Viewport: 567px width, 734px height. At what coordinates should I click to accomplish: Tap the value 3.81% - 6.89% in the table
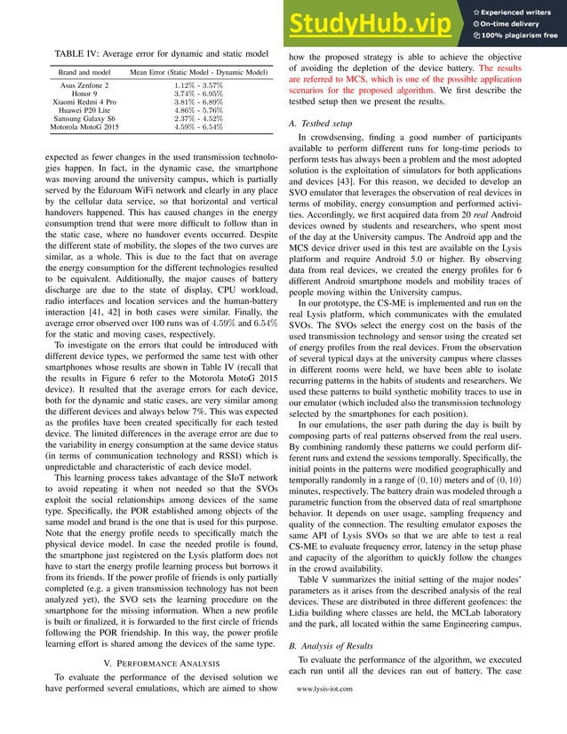(x=198, y=103)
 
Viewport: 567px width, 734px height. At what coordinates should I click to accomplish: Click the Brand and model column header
(x=84, y=72)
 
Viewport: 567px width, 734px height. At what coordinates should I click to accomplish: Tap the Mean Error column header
(x=198, y=72)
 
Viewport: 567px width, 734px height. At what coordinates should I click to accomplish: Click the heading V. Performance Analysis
(x=157, y=641)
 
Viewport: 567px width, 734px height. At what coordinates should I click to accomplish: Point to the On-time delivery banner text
(x=518, y=23)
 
